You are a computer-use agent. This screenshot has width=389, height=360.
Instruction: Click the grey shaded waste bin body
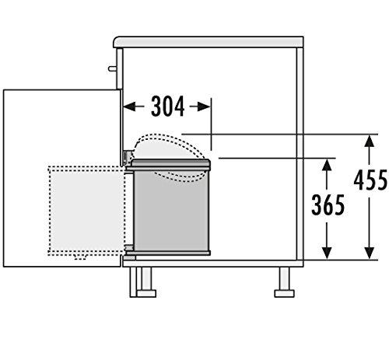tap(170, 210)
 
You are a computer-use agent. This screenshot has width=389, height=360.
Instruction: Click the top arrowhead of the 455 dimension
tap(366, 140)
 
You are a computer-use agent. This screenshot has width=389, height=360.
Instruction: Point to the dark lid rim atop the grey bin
tap(170, 163)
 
